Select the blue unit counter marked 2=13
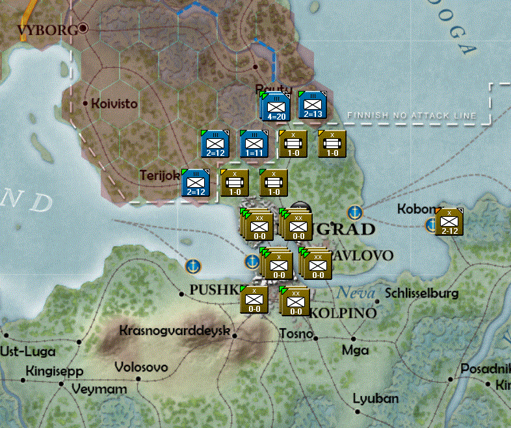[x=312, y=105]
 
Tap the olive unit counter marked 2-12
[x=449, y=221]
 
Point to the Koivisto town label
[x=115, y=103]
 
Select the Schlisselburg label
[x=422, y=294]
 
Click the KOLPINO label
[x=343, y=313]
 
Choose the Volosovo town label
[x=141, y=368]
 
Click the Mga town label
[x=355, y=350]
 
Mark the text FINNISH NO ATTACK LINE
[x=412, y=116]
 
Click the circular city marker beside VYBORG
[x=83, y=29]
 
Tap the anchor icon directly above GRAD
[x=354, y=212]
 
